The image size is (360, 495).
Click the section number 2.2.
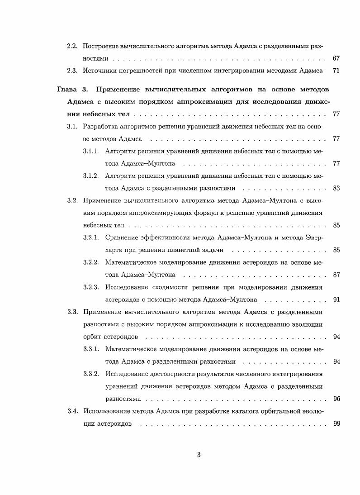(x=72, y=46)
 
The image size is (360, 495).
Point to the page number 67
(x=336, y=58)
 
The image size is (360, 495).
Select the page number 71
(x=336, y=71)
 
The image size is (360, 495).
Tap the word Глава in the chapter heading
(x=66, y=89)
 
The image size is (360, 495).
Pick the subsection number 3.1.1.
(x=91, y=151)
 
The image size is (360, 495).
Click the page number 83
(x=336, y=188)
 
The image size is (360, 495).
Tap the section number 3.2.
(x=72, y=200)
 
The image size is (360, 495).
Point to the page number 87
(x=336, y=274)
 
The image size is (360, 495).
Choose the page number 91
(x=336, y=299)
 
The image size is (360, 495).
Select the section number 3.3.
(x=72, y=311)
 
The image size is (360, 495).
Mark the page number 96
(x=336, y=399)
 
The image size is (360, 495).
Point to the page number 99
(x=336, y=424)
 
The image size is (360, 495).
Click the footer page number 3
(x=199, y=455)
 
